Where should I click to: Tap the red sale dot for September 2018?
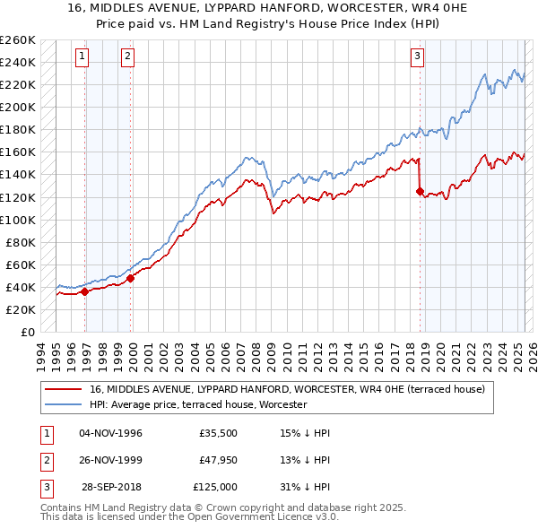click(x=420, y=191)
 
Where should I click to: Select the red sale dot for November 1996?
click(x=85, y=291)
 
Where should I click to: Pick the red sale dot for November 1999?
click(x=131, y=278)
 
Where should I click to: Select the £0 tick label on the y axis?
click(x=26, y=332)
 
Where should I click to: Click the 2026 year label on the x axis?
click(x=532, y=356)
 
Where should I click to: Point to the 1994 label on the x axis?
click(x=41, y=356)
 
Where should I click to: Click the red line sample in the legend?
click(x=64, y=390)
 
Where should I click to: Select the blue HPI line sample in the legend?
click(x=64, y=405)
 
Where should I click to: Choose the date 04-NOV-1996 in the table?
click(x=110, y=433)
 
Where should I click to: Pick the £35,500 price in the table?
click(x=218, y=433)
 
